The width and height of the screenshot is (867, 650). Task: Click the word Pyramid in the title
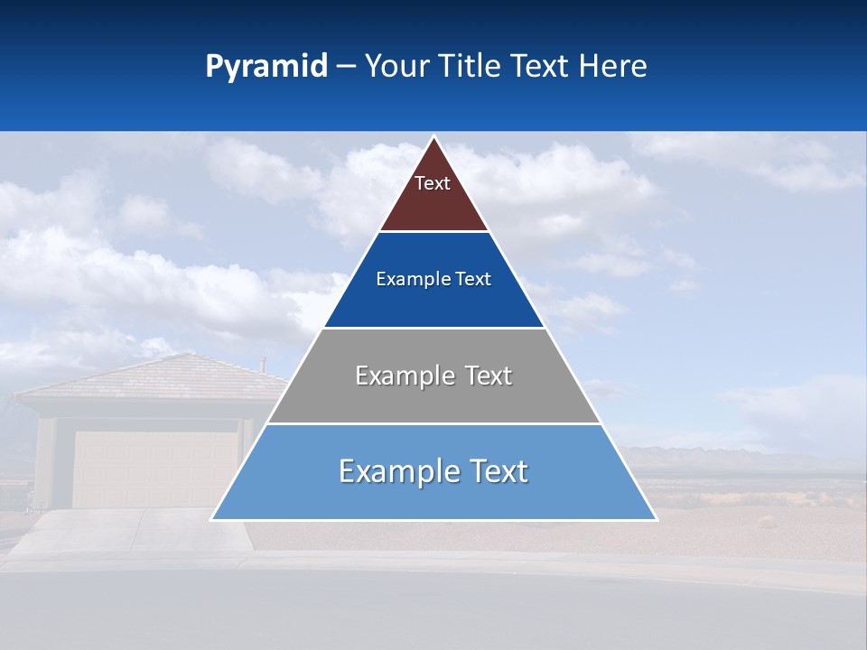coord(266,67)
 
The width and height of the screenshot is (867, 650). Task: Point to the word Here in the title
coord(612,67)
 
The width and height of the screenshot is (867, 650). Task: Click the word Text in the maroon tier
coord(433,183)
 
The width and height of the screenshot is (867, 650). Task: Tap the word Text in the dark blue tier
coord(474,280)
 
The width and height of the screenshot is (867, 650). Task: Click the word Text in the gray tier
coord(489,376)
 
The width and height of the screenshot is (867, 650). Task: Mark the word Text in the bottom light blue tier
coord(498,472)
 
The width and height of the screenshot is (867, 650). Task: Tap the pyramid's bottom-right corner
coord(656,519)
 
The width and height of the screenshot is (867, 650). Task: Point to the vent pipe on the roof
coord(263,365)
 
